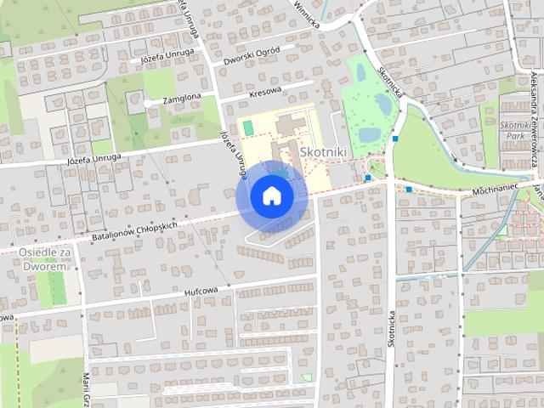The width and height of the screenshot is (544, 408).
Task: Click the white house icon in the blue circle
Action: [x=271, y=195]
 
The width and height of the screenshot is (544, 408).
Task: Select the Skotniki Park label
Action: [x=515, y=129]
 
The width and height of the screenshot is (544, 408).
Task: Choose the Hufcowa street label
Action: [x=201, y=291]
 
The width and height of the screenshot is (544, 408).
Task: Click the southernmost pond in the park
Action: [x=371, y=134]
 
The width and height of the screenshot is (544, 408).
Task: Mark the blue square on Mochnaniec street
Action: [x=409, y=189]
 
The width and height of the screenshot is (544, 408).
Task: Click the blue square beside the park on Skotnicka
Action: [x=396, y=139]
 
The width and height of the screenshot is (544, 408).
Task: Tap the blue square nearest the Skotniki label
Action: [x=367, y=178]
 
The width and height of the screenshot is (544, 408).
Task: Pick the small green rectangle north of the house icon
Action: [x=247, y=127]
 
